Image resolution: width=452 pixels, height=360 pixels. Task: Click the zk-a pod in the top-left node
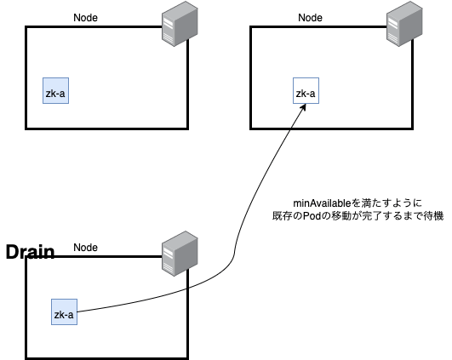pyautogui.click(x=55, y=90)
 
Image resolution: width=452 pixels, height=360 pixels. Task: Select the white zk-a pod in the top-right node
pyautogui.click(x=306, y=90)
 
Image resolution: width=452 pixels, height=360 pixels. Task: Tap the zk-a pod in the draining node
pyautogui.click(x=64, y=311)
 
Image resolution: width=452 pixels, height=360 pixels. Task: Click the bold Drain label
pyautogui.click(x=31, y=252)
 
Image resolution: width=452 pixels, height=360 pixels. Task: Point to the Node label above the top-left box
pyautogui.click(x=85, y=18)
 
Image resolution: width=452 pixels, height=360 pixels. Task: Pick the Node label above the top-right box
pyautogui.click(x=310, y=18)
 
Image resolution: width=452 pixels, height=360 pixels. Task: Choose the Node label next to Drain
pyautogui.click(x=85, y=248)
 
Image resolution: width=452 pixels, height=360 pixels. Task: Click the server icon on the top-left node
pyautogui.click(x=180, y=24)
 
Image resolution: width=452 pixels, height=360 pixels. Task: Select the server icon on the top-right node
pyautogui.click(x=404, y=24)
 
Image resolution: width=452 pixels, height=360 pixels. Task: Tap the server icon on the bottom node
pyautogui.click(x=180, y=254)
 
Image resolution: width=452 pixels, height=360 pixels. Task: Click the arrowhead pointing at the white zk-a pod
pyautogui.click(x=304, y=107)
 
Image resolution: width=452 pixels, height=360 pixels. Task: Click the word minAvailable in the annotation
pyautogui.click(x=323, y=203)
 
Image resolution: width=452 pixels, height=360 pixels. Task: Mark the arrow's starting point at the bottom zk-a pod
pyautogui.click(x=77, y=311)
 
